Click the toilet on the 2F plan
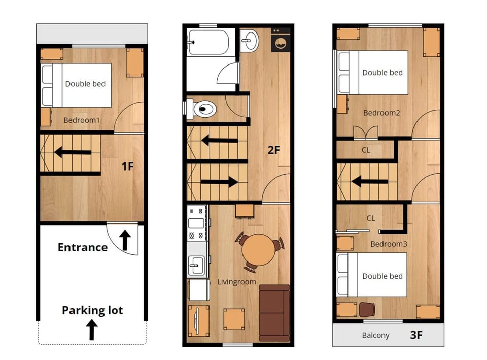[201, 109]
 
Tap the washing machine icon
[281, 40]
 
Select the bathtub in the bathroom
[208, 42]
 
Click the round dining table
[258, 250]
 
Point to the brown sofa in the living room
[274, 313]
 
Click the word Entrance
[83, 247]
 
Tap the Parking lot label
[92, 311]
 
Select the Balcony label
[375, 335]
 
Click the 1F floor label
[127, 167]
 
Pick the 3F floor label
[416, 335]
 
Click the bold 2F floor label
[273, 150]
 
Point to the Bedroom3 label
[389, 244]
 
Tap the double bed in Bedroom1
[76, 85]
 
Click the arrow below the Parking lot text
[92, 330]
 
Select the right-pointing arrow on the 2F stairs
[219, 182]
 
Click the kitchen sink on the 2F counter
[197, 265]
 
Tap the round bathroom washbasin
[249, 40]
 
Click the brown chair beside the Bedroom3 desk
[367, 310]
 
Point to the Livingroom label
[236, 282]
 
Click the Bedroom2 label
[381, 113]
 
